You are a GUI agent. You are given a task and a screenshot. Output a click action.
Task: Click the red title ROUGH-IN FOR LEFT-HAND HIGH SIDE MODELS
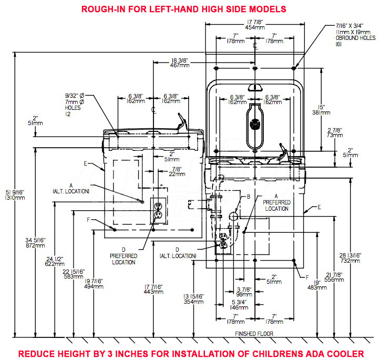click(x=184, y=9)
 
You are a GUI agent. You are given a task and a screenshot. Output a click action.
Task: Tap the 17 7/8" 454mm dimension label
click(x=255, y=25)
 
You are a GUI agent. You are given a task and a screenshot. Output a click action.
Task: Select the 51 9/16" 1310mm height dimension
click(x=15, y=195)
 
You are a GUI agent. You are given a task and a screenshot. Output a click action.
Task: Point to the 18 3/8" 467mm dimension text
click(x=180, y=63)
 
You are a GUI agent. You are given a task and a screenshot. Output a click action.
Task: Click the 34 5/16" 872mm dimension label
click(x=35, y=243)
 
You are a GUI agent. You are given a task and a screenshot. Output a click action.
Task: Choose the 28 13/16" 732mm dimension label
click(x=350, y=258)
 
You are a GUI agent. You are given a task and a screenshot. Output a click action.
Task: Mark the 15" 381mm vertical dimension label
click(x=321, y=110)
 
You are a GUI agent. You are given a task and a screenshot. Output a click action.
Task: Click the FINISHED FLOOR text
click(x=254, y=334)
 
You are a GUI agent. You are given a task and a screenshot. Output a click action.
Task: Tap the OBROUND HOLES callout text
click(x=355, y=35)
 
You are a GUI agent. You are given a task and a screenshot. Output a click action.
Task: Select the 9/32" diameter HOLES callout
click(x=75, y=105)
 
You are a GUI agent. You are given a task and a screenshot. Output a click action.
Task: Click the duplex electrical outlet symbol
click(x=158, y=210)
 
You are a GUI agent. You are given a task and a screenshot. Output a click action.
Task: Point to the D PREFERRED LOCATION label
click(x=124, y=256)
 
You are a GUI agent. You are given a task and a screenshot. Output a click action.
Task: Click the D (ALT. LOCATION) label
click(x=178, y=253)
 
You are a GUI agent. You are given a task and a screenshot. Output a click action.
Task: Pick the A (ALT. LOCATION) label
click(x=71, y=189)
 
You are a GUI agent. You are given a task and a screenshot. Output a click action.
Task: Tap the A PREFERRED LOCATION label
click(x=276, y=202)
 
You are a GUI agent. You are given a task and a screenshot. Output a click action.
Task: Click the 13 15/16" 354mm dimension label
click(x=193, y=299)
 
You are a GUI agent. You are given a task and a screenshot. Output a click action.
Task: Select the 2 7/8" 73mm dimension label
click(x=335, y=133)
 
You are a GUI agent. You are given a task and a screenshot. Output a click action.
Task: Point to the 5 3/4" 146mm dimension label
click(x=239, y=305)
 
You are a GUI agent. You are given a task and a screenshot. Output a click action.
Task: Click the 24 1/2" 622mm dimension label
click(x=55, y=261)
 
